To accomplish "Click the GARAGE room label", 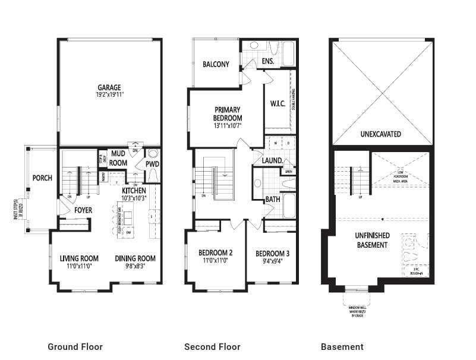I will click(109, 86).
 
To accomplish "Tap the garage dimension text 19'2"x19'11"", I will click(109, 94).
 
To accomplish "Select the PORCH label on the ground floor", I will click(42, 178).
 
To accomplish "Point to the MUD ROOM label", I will click(118, 159).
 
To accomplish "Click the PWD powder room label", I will click(152, 164).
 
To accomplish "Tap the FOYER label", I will click(83, 210).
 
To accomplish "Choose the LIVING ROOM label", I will click(79, 258).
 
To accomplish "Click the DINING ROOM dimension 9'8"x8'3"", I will click(135, 267).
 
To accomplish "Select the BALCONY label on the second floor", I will click(215, 64).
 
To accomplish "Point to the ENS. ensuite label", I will click(267, 61).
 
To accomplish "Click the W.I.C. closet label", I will click(277, 103).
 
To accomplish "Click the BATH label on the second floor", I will click(273, 200).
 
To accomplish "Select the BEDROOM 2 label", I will click(216, 253).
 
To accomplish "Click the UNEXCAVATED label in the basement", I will click(381, 134).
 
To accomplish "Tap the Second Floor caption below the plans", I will click(212, 347).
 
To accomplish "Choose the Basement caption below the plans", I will click(342, 347).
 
